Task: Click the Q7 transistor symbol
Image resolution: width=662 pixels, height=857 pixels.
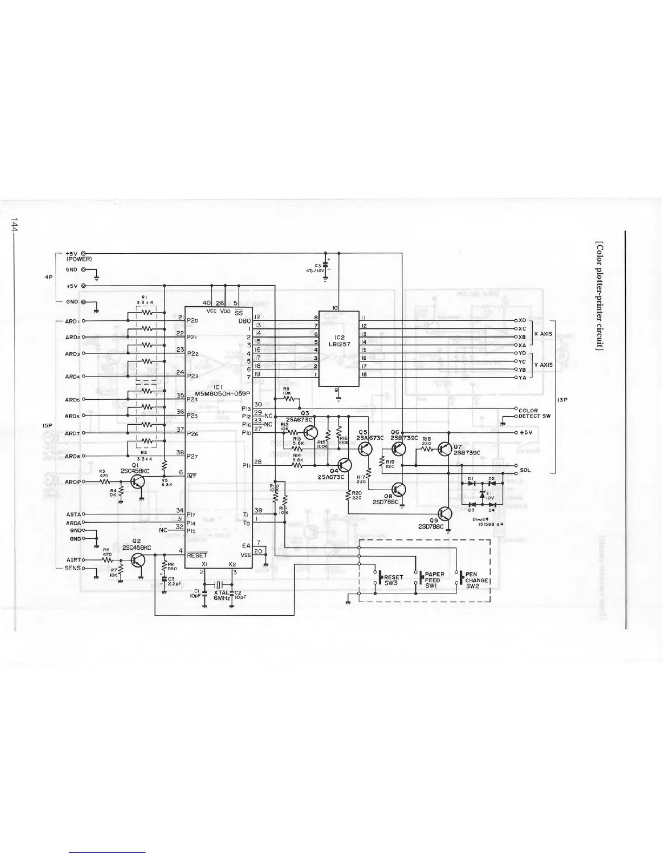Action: (x=445, y=449)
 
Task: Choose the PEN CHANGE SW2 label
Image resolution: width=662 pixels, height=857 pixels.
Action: (x=476, y=580)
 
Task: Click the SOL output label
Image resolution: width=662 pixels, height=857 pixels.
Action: (x=525, y=470)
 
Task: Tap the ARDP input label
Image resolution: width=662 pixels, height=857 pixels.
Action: (x=72, y=482)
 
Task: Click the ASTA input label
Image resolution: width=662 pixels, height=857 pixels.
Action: (x=74, y=515)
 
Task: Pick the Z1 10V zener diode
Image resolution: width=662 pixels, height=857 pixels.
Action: (x=482, y=495)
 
